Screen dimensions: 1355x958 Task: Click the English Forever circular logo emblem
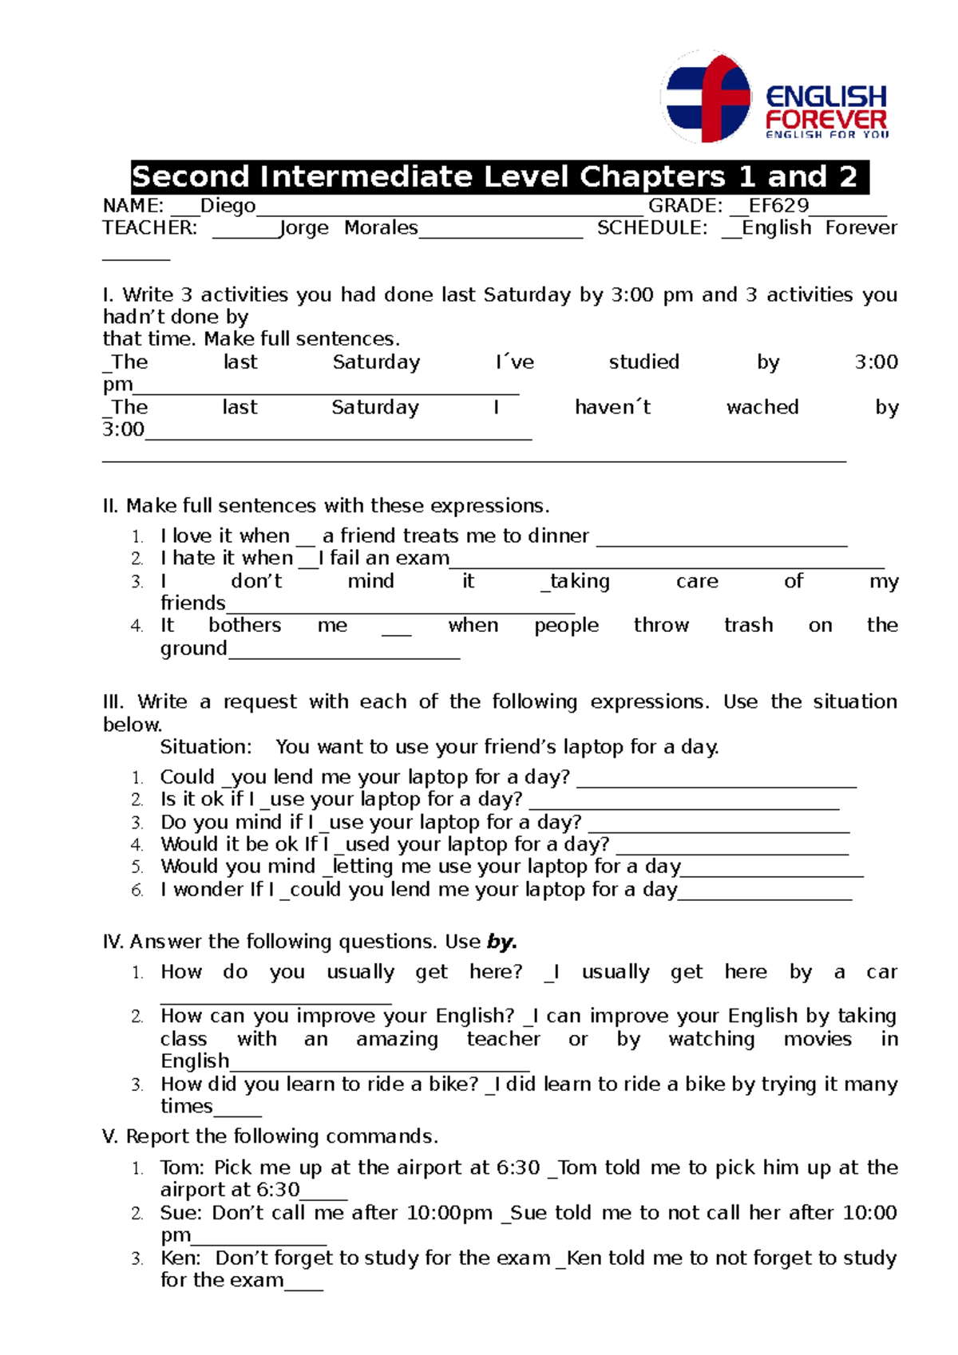point(707,97)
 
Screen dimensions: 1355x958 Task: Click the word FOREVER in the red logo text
point(825,120)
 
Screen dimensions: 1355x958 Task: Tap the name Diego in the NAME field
point(228,206)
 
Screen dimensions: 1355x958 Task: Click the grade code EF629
point(778,206)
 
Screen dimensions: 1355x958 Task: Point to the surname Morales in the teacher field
point(381,228)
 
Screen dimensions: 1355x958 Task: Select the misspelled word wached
point(762,408)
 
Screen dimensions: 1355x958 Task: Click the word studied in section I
point(643,362)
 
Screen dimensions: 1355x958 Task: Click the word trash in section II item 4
point(748,626)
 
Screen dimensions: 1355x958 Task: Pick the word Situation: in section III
point(206,748)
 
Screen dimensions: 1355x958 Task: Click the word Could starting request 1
point(188,777)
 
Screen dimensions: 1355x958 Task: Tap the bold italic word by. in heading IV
point(502,942)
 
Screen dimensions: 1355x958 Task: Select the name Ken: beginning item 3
point(181,1258)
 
